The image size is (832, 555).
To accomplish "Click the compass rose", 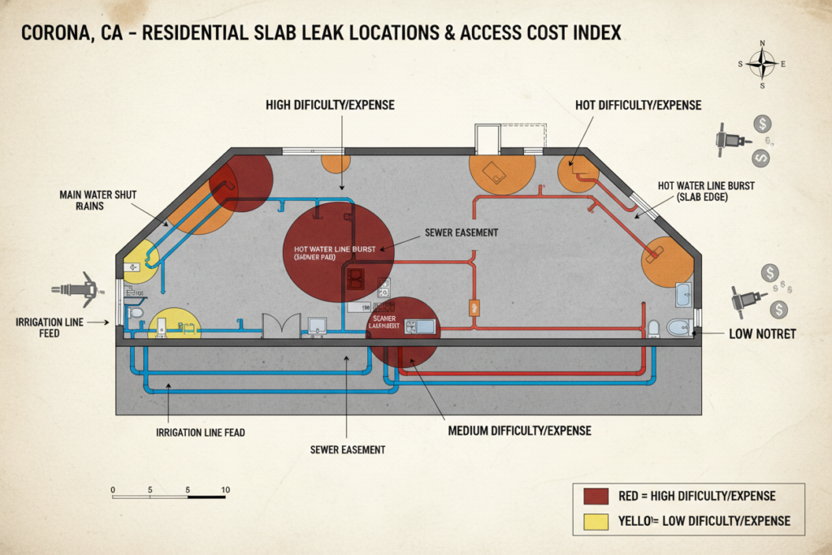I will click(762, 63).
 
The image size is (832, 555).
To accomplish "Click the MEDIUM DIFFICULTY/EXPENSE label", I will click(519, 430).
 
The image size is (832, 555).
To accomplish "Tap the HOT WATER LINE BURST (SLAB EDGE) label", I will click(706, 192).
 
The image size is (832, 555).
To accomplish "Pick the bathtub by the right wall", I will click(684, 294).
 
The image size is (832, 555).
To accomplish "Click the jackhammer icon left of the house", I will click(75, 289).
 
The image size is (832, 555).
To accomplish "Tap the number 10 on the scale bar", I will click(225, 490).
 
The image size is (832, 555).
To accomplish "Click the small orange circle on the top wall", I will click(336, 162).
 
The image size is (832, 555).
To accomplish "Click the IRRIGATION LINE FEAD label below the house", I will click(200, 433).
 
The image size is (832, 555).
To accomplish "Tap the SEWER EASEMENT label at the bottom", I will click(347, 449).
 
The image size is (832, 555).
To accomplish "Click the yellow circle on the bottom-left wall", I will click(174, 323).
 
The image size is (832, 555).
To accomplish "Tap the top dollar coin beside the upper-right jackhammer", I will click(761, 124).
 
